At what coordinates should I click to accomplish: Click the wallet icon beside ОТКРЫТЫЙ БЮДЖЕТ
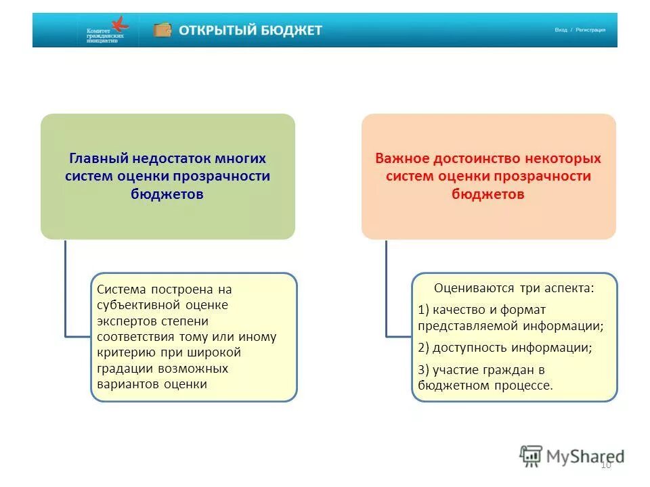click(162, 30)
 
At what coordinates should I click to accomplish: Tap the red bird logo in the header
click(120, 24)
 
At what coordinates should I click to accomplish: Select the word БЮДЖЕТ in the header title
click(292, 30)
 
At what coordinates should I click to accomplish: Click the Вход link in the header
click(561, 30)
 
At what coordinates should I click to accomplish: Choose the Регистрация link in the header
click(590, 30)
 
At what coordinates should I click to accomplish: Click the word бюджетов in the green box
click(167, 193)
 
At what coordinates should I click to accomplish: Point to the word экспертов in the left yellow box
click(126, 320)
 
